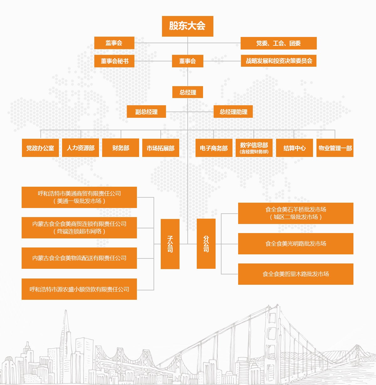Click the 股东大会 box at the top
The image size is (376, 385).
click(x=187, y=26)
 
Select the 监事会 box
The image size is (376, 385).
click(x=114, y=43)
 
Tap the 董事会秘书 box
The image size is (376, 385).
click(x=114, y=61)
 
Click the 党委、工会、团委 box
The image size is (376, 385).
click(x=279, y=43)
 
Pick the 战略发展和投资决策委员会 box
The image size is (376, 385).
click(x=279, y=61)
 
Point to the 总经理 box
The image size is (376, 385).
click(x=188, y=92)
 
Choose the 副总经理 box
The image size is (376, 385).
click(x=146, y=112)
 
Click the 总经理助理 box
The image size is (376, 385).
click(x=233, y=112)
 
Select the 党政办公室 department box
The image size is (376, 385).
click(x=40, y=148)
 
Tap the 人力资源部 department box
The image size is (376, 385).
click(x=81, y=148)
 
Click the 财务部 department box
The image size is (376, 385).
click(x=121, y=148)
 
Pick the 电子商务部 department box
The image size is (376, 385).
click(x=214, y=148)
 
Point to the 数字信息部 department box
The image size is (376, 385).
click(x=254, y=148)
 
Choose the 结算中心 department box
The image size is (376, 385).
click(x=294, y=148)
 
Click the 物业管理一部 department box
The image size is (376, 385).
click(x=335, y=148)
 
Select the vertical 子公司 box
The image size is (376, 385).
click(x=170, y=244)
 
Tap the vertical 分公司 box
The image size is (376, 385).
click(x=206, y=243)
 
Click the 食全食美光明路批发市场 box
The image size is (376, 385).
click(x=295, y=244)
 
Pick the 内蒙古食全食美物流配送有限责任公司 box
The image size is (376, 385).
click(x=79, y=258)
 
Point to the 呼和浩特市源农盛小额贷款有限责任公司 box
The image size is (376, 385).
click(x=79, y=289)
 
